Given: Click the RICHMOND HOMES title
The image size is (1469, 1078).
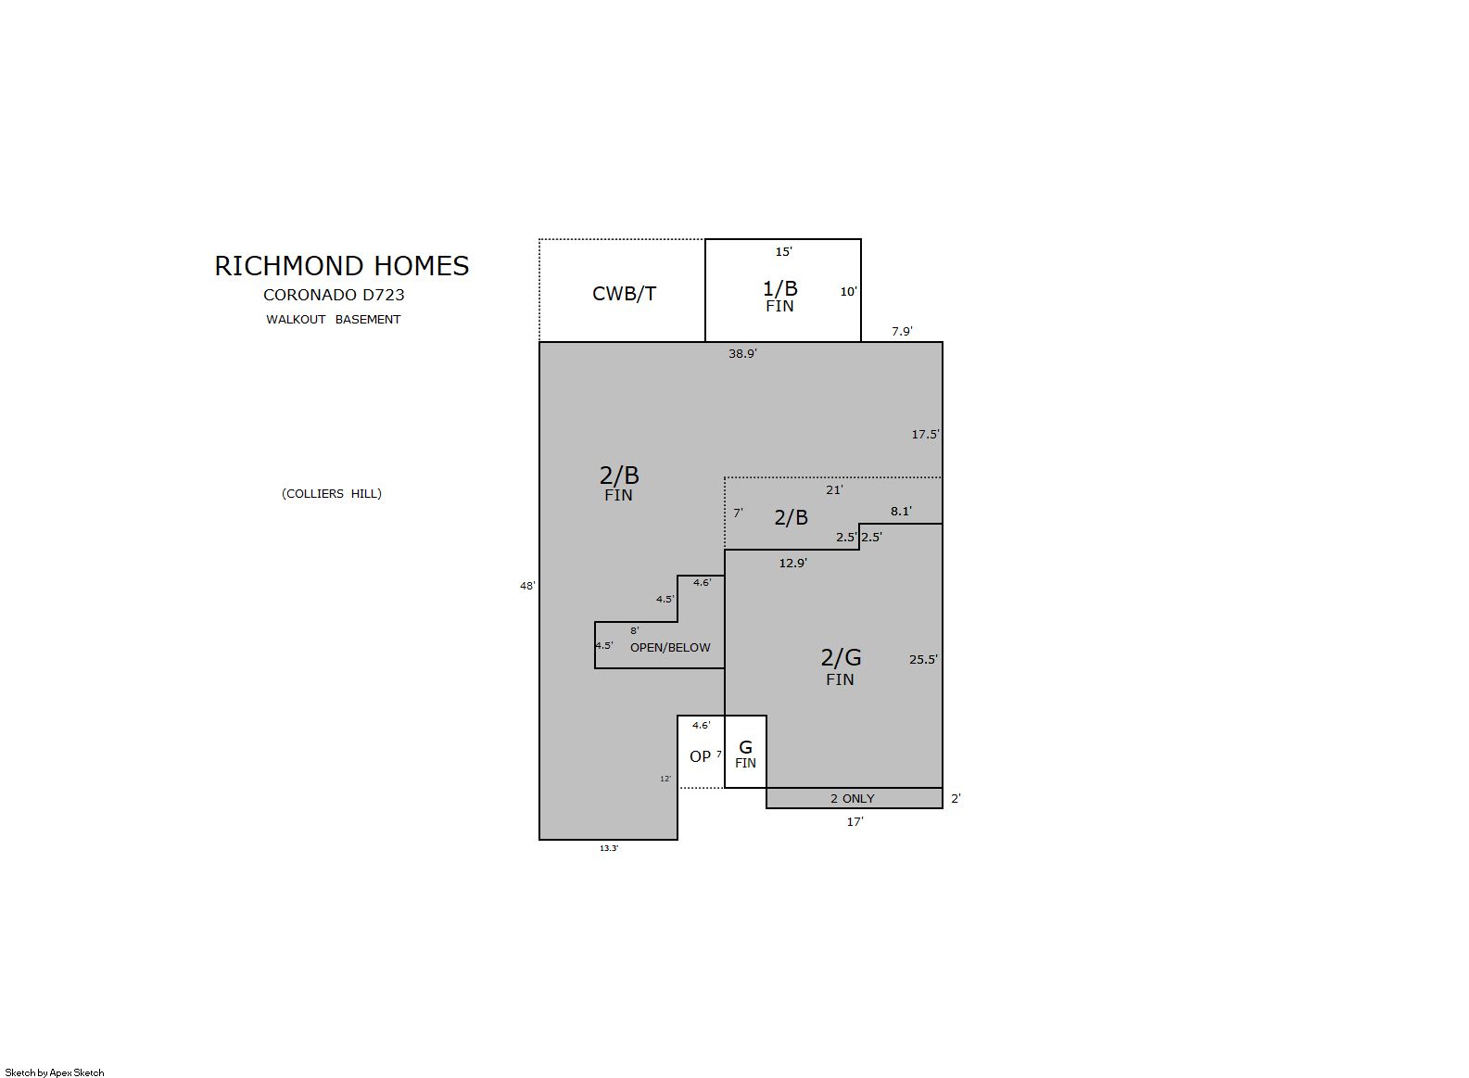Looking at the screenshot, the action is (342, 266).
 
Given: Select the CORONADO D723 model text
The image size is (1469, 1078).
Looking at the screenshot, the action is (334, 295).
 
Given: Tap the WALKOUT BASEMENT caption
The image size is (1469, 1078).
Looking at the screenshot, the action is (333, 320).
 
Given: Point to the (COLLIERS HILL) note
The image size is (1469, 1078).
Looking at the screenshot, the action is (331, 494).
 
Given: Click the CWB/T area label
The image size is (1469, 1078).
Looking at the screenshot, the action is (624, 294).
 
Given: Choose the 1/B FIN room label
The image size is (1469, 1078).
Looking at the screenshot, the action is (779, 296).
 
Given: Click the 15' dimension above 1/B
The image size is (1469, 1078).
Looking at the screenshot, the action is (784, 252).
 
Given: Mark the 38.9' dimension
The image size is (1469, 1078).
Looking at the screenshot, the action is (742, 353).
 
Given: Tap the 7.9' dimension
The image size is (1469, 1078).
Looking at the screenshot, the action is (902, 331).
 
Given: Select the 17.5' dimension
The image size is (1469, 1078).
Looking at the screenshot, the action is (925, 434).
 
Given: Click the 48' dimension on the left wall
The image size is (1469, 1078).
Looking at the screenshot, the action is (527, 586).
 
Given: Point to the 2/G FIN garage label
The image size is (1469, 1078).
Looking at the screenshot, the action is (841, 666).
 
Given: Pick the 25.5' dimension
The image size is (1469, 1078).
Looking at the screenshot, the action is (923, 660).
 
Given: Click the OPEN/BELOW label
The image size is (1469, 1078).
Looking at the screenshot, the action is (670, 647).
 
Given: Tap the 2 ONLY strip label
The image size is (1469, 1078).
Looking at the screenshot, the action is (852, 799).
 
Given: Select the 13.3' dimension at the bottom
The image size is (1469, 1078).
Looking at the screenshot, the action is (609, 848).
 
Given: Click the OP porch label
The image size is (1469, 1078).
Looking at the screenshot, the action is (700, 756).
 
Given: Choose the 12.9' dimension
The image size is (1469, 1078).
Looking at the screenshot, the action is (792, 563).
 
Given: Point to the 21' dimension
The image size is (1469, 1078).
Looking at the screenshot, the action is (834, 489).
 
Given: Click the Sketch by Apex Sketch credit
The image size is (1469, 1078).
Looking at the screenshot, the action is (55, 1072).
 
